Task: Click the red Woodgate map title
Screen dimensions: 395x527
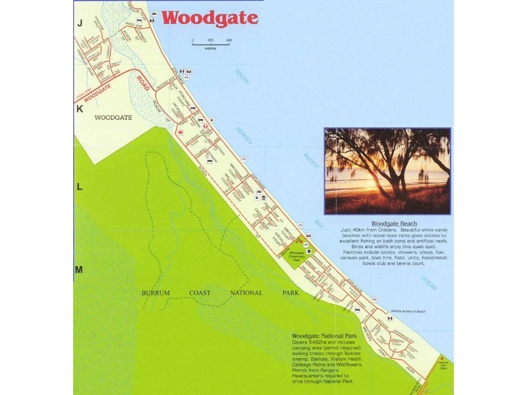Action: click(x=209, y=18)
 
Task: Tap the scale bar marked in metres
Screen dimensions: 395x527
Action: click(x=211, y=42)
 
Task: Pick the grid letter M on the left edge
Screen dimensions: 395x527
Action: click(x=79, y=270)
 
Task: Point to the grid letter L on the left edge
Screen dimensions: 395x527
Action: click(x=79, y=187)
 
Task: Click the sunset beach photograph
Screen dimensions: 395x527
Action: click(x=387, y=171)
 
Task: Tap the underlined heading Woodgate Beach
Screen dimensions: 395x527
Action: click(x=394, y=224)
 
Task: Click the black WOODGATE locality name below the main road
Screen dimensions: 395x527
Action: click(x=113, y=117)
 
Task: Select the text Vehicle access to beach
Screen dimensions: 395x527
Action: click(x=408, y=311)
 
